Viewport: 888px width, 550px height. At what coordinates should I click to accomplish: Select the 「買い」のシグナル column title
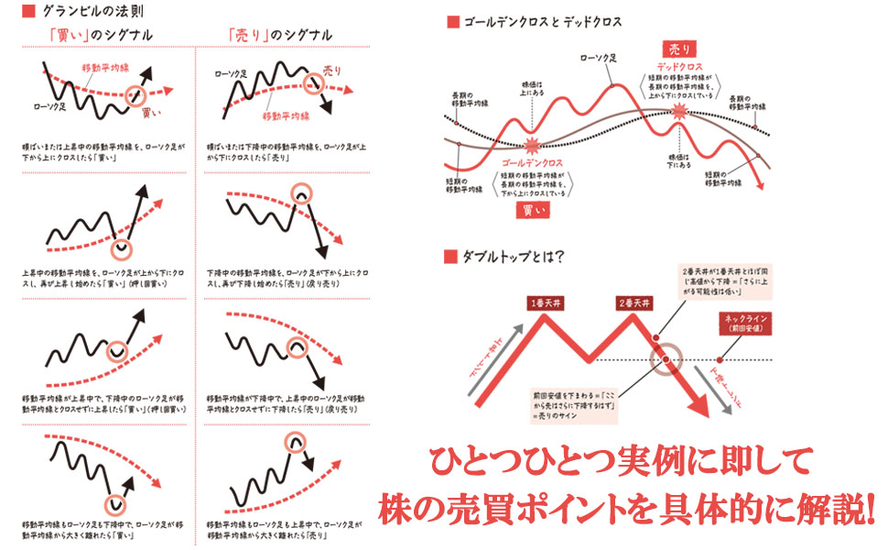pyautogui.click(x=101, y=35)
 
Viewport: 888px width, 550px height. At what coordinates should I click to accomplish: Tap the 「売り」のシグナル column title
pyautogui.click(x=281, y=35)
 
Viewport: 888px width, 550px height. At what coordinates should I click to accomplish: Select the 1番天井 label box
pyautogui.click(x=547, y=303)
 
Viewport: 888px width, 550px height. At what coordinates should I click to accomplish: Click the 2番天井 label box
pyautogui.click(x=636, y=303)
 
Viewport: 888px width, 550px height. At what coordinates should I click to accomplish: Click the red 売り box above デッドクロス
pyautogui.click(x=678, y=48)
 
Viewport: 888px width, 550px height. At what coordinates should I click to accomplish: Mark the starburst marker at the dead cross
pyautogui.click(x=678, y=111)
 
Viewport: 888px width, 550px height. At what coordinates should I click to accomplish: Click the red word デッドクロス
pyautogui.click(x=679, y=67)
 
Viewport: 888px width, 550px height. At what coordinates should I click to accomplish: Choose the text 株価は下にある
pyautogui.click(x=680, y=163)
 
